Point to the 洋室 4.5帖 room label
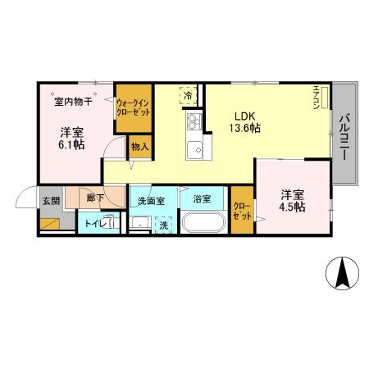[293, 201]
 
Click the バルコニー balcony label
[344, 136]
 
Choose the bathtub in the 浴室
[203, 223]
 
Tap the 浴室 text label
[202, 199]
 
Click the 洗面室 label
[151, 199]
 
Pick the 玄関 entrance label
[50, 199]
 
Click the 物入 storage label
[140, 147]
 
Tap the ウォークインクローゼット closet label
[133, 107]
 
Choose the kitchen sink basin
[195, 150]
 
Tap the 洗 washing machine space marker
[163, 224]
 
